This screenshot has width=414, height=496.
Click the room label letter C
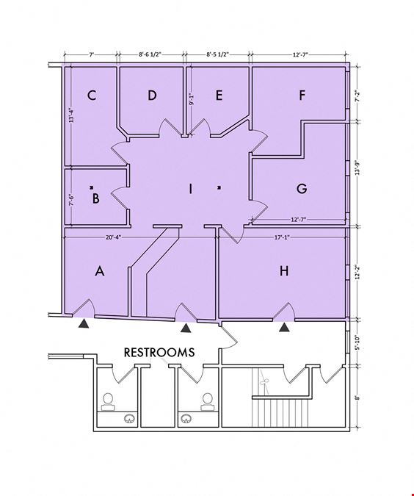click(92, 95)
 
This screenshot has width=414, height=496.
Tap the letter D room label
click(153, 95)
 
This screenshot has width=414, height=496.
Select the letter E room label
click(219, 95)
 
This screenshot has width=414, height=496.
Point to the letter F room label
click(302, 95)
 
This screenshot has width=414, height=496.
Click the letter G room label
click(302, 189)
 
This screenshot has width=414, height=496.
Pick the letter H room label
click(284, 270)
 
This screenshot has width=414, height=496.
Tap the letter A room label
click(100, 271)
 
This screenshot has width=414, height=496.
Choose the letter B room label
click(95, 198)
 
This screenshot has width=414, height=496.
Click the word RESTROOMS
click(159, 353)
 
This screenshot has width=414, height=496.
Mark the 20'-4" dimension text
click(113, 237)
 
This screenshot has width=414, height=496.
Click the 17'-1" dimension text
click(282, 237)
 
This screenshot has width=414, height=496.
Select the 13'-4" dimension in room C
click(72, 115)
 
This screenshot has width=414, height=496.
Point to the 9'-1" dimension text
click(191, 98)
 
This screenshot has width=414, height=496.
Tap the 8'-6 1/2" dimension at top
click(150, 54)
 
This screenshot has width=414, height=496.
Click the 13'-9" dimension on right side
click(357, 168)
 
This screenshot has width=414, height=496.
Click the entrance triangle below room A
click(84, 323)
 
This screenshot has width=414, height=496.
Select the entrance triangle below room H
click(284, 327)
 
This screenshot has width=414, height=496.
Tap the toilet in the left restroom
click(108, 402)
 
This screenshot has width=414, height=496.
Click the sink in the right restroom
click(186, 419)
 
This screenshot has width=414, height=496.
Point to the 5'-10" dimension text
click(357, 342)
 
